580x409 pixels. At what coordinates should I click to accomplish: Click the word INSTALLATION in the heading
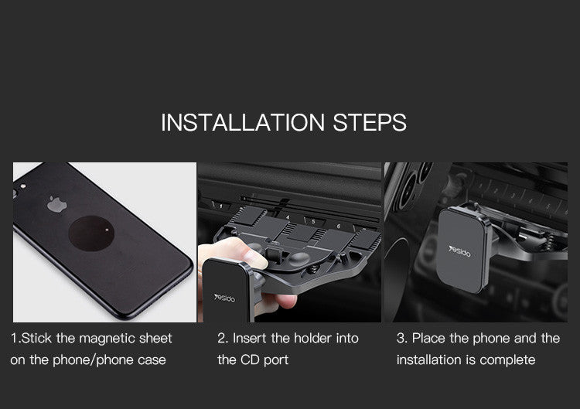click(242, 122)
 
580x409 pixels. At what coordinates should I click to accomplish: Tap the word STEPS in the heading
click(370, 122)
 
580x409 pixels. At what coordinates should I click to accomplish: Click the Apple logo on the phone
click(55, 205)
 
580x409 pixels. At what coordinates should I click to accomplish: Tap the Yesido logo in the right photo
click(462, 250)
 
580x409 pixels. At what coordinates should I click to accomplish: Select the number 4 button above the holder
click(288, 219)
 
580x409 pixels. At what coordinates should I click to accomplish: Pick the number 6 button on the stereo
click(339, 226)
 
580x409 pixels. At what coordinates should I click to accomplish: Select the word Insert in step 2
click(250, 338)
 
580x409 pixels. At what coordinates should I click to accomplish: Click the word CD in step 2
click(251, 360)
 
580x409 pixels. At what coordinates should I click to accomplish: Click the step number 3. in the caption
click(401, 338)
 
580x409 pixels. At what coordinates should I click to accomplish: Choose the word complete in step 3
click(507, 360)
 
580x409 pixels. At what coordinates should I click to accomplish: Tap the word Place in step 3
click(428, 338)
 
